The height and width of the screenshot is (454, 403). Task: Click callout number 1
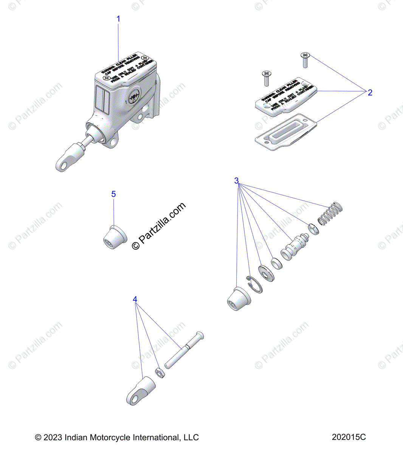[x=118, y=19]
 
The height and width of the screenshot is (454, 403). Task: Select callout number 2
[x=370, y=93]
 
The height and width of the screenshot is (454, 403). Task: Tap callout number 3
[x=237, y=181]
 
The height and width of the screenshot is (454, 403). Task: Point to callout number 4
[x=135, y=300]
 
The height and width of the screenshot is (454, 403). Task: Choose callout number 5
[x=113, y=194]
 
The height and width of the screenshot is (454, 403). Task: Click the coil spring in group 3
[x=331, y=213]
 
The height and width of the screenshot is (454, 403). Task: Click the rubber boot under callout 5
[x=115, y=237]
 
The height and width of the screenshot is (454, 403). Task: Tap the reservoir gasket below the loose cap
[x=287, y=133]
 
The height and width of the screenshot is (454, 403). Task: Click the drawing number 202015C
[x=349, y=437]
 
